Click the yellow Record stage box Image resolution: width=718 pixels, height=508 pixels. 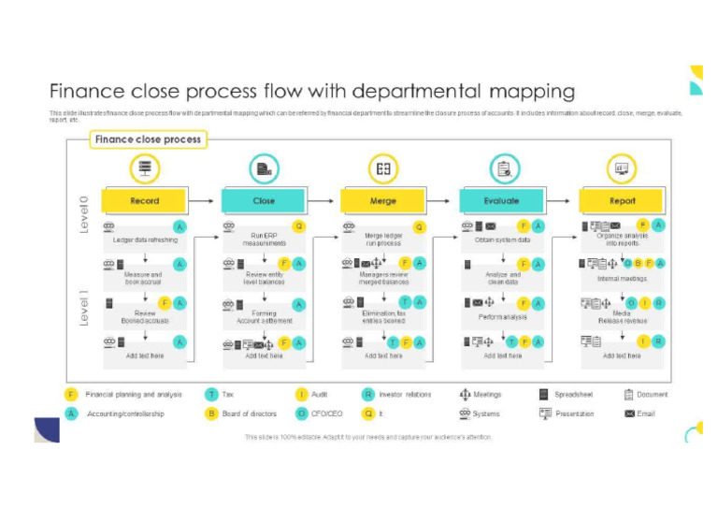144,201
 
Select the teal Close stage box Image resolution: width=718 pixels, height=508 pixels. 264,201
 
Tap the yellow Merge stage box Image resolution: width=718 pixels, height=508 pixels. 383,201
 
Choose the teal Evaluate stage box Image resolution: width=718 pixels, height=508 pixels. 502,201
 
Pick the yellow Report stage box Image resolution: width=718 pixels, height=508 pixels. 622,201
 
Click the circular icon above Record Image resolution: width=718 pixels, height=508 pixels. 145,169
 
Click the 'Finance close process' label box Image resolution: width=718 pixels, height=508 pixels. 148,139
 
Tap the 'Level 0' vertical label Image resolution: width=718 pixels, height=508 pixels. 83,214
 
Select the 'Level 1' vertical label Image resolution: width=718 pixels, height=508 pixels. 83,308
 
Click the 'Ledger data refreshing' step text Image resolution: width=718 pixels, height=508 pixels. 145,240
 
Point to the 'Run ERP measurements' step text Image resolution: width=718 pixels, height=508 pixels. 264,239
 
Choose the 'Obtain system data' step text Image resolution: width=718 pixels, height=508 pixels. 503,240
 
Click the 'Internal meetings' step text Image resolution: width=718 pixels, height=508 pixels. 622,279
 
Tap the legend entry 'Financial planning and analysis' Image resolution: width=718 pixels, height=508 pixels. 134,395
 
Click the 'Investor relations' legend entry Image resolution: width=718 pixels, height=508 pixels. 405,395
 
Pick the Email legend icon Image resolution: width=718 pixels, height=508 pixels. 629,414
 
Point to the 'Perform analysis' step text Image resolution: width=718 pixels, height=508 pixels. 503,317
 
